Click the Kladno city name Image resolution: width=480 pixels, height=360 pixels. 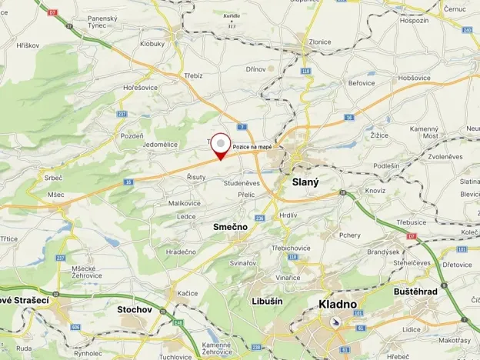(338, 305)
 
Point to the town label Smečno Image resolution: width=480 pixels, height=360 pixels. (230, 228)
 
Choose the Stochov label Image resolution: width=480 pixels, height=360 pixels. (134, 309)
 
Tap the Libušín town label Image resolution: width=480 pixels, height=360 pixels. (267, 301)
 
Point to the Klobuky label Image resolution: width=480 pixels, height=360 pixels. (152, 44)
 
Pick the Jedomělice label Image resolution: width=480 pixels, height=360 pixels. (161, 144)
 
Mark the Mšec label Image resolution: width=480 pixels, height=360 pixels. (56, 195)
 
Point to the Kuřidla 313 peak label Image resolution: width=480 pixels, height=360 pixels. (232, 21)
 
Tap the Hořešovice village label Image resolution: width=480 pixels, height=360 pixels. (139, 88)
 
